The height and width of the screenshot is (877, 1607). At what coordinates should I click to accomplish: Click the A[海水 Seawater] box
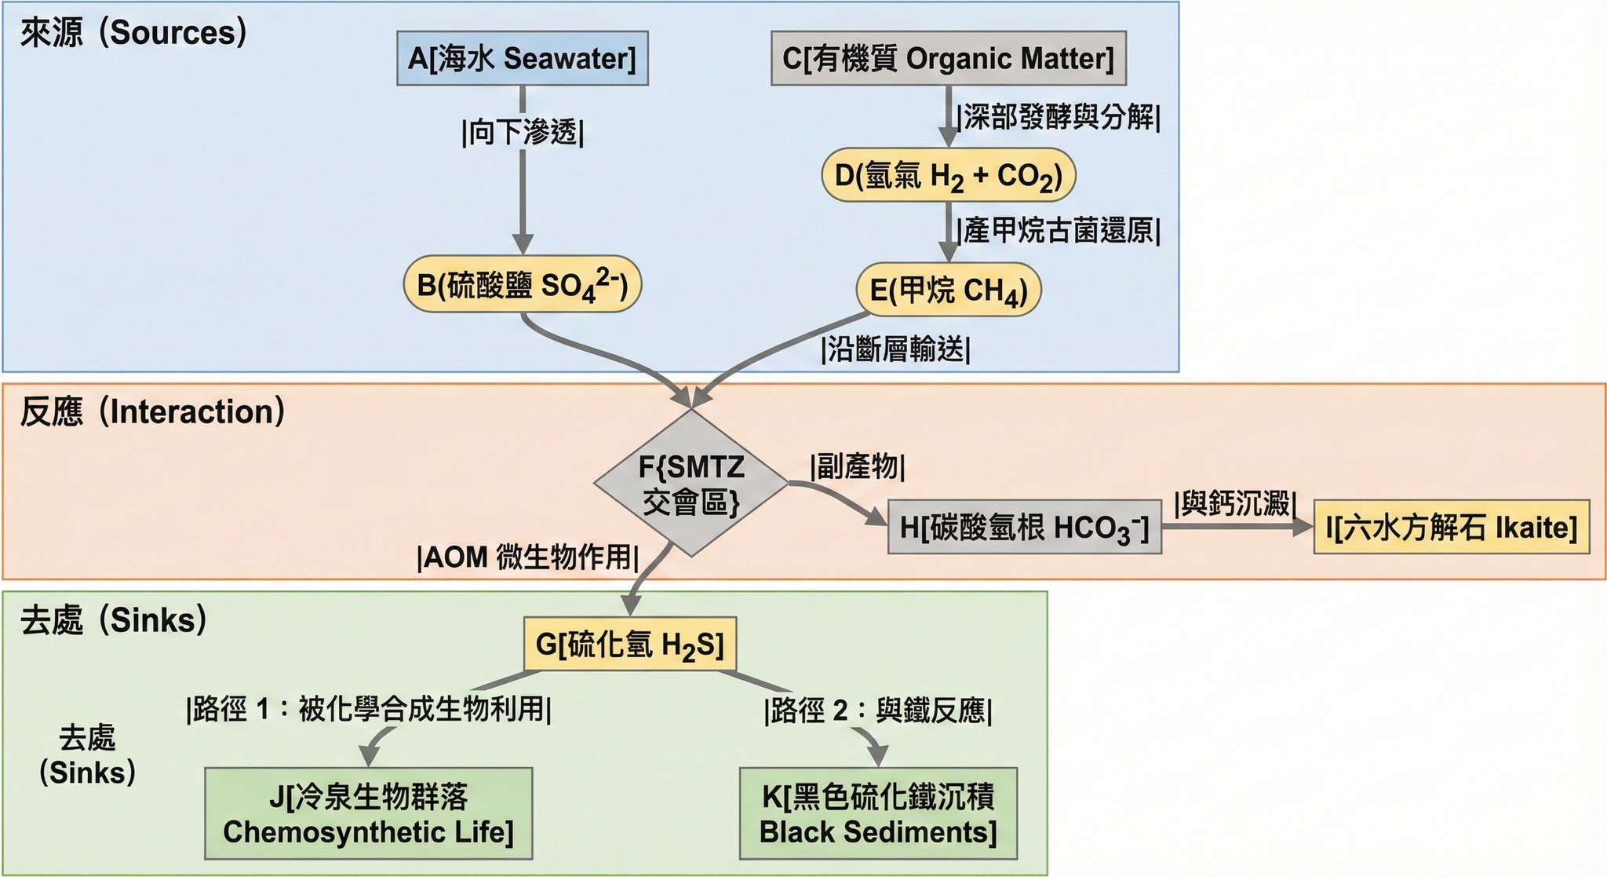click(x=523, y=58)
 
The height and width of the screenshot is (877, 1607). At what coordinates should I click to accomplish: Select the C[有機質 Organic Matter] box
click(x=948, y=58)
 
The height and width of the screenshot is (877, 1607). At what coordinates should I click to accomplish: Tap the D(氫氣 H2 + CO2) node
click(x=948, y=175)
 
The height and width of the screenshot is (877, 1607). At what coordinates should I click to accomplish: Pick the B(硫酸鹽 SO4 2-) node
click(x=523, y=284)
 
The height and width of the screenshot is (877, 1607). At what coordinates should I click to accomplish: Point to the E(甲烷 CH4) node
click(x=948, y=291)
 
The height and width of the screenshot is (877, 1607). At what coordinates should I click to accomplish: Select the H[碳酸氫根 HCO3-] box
click(x=1024, y=528)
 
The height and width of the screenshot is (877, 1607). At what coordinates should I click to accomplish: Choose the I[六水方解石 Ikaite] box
click(x=1451, y=528)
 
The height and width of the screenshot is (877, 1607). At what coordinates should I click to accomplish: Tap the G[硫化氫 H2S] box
click(x=630, y=645)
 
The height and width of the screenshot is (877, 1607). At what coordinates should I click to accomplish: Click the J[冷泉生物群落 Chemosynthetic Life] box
click(x=368, y=814)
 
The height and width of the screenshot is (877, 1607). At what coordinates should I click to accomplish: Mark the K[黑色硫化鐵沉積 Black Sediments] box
click(x=878, y=814)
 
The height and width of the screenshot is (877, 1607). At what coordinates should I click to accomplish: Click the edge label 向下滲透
click(x=523, y=133)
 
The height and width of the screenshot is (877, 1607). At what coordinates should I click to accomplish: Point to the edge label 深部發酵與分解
click(x=1059, y=117)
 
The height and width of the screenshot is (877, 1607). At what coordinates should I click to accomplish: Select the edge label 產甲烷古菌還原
click(x=1059, y=231)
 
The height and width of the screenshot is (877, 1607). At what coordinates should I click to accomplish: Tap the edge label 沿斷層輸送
click(x=895, y=349)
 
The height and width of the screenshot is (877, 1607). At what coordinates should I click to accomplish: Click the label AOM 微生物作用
click(x=528, y=557)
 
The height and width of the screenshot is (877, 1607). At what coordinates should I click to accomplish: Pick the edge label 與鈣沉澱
click(x=1235, y=504)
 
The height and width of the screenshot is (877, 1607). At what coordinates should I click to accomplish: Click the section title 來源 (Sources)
click(x=133, y=33)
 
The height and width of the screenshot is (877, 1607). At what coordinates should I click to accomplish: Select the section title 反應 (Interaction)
click(x=152, y=412)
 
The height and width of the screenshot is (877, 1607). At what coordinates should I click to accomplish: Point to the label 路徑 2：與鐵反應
click(x=878, y=711)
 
